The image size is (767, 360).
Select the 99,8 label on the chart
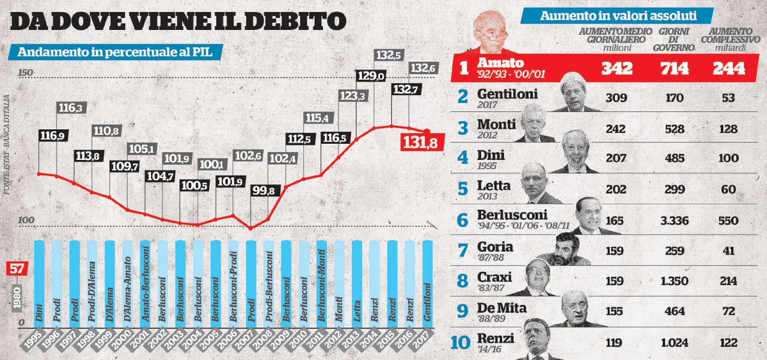coord(264,190)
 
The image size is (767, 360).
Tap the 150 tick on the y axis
coord(25,72)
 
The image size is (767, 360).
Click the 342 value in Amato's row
coord(616,68)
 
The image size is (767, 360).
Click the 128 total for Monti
coord(729,127)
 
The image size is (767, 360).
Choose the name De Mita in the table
coord(502,308)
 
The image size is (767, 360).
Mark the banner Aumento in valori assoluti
coord(618,15)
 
